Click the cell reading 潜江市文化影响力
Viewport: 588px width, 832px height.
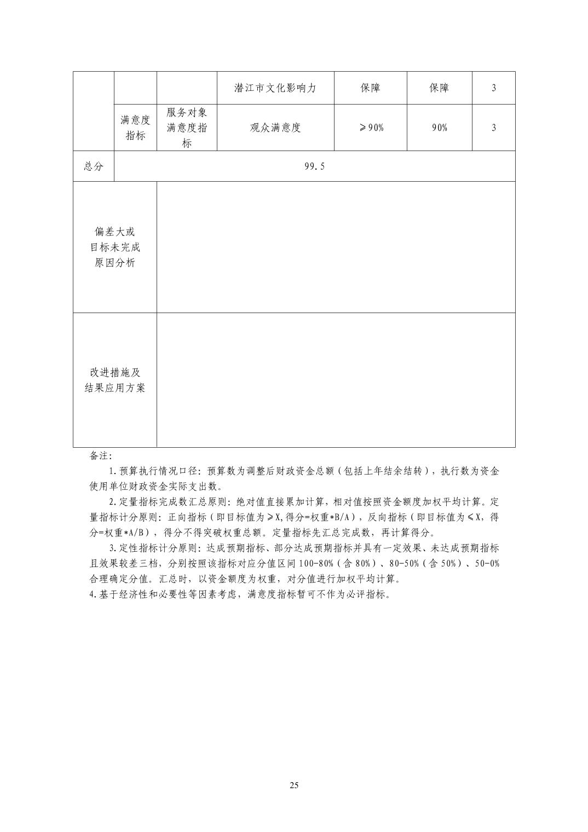[x=275, y=88]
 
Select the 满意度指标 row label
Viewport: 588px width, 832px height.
[x=135, y=128]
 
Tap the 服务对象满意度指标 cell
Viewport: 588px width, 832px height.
[x=187, y=128]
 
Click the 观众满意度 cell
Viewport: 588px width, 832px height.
[x=275, y=128]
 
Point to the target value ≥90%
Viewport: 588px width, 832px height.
[x=371, y=128]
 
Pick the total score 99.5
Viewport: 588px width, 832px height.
[x=314, y=166]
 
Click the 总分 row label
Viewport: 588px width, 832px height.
[x=94, y=166]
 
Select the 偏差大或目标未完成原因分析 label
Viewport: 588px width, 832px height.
[x=115, y=247]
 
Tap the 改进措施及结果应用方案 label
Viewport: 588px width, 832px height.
[x=115, y=380]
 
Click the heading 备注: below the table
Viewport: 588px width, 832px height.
[x=101, y=456]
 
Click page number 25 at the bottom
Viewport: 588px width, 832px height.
[x=294, y=785]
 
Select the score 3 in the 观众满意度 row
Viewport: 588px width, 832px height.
[x=493, y=128]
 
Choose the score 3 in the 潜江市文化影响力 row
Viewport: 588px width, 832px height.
[x=493, y=88]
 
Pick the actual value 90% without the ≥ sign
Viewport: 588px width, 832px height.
[x=439, y=128]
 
